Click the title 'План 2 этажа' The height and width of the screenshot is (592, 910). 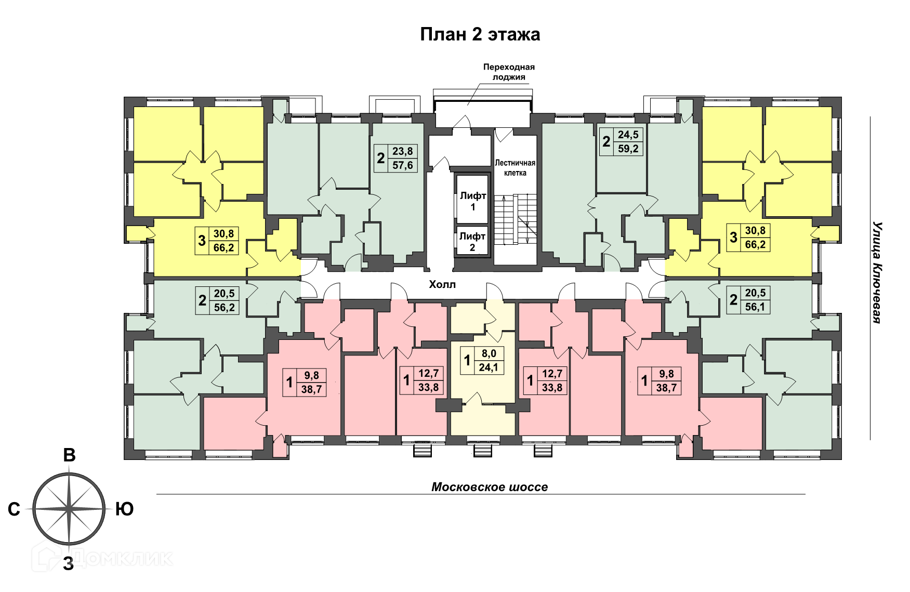click(x=480, y=34)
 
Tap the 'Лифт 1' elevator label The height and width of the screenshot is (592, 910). click(x=473, y=201)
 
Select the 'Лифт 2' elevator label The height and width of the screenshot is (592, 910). click(x=472, y=242)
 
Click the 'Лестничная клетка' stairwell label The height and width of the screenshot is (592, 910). click(x=515, y=168)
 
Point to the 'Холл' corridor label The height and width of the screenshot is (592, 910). click(x=442, y=284)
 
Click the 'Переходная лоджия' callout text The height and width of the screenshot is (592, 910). click(x=509, y=72)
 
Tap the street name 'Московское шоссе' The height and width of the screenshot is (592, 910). click(x=490, y=487)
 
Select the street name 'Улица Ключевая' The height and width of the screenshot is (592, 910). click(x=877, y=272)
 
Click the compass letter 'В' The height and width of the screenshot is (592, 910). click(x=69, y=455)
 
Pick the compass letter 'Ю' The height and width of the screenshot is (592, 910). click(x=124, y=509)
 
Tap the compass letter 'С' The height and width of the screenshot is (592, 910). click(x=14, y=509)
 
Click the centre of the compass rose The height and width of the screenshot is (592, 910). click(x=69, y=508)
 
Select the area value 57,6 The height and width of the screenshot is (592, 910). click(x=403, y=165)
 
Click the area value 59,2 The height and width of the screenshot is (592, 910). click(x=628, y=149)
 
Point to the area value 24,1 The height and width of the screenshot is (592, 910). click(x=489, y=367)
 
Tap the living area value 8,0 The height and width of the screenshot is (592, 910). click(x=489, y=353)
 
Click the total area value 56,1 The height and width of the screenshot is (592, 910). click(x=755, y=307)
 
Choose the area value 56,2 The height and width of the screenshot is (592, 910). click(x=224, y=307)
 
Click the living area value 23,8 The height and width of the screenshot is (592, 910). click(x=403, y=151)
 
